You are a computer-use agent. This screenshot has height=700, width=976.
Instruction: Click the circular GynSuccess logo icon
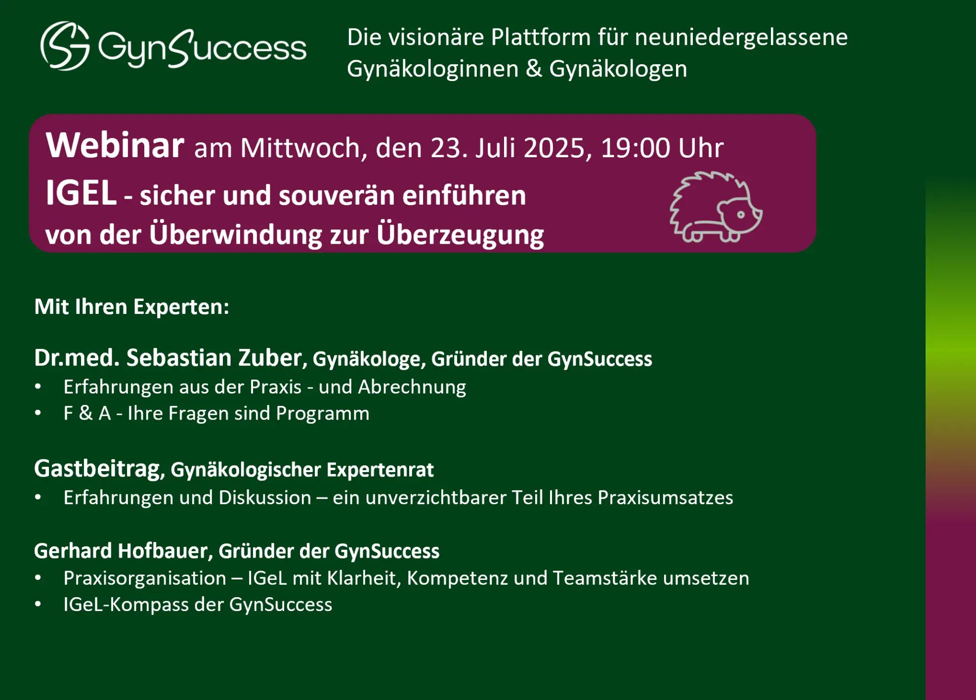coord(65,46)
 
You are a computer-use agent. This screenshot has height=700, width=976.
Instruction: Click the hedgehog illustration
coord(716,207)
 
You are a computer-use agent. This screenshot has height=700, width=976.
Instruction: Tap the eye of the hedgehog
coord(741,215)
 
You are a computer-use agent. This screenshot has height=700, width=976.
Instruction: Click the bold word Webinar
coord(115,146)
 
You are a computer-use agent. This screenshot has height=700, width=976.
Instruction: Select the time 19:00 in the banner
coord(635,148)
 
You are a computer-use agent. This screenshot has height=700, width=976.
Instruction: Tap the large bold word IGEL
coord(81,193)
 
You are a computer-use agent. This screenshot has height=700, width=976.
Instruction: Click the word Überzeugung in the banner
coord(460,235)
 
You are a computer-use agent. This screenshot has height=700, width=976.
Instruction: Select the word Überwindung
coord(235,234)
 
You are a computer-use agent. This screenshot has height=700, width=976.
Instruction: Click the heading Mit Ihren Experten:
coord(131,306)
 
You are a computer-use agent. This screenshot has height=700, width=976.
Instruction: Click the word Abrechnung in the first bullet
coord(412,387)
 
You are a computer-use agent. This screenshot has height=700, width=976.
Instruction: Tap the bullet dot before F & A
coord(38,413)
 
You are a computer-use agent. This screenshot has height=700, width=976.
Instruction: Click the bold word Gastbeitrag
coord(97,469)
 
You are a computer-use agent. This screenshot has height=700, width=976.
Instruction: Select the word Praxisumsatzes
coord(665,497)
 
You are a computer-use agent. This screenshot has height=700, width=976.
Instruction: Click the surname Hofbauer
coord(163,551)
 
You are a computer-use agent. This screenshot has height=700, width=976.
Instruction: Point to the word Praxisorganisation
coord(145,578)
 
